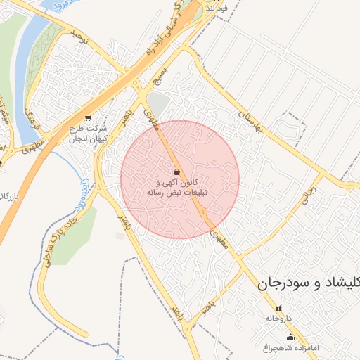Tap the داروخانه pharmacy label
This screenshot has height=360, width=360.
pos(278,319)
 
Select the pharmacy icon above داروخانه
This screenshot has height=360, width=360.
pos(278,308)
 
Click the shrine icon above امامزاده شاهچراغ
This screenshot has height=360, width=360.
pos(291,337)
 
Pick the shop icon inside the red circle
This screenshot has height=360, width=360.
pos(176,171)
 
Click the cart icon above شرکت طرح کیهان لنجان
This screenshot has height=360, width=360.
pos(87,118)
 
